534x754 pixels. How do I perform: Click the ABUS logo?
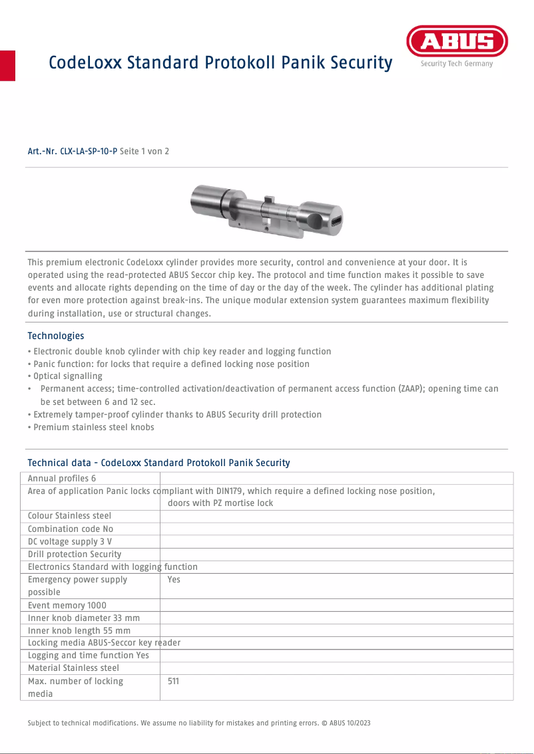[x=457, y=42]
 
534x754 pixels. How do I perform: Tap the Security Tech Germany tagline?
[x=457, y=64]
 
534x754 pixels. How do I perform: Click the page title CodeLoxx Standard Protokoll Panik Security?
[x=220, y=63]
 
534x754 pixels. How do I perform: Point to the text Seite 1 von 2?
[x=144, y=152]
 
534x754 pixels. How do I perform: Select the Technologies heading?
[x=56, y=336]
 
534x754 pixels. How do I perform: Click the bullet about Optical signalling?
[x=65, y=376]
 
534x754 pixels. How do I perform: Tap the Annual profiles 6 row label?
[x=62, y=479]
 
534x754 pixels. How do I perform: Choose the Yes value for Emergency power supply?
[x=174, y=580]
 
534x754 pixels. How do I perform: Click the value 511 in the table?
[x=173, y=682]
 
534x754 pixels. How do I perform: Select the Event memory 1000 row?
[x=67, y=606]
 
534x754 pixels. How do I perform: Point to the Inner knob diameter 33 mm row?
[x=84, y=618]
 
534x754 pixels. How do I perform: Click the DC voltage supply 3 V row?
[x=70, y=542]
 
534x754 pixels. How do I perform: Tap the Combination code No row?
[x=71, y=529]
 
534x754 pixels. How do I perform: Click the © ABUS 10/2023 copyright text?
[x=346, y=723]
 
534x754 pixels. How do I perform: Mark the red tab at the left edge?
[x=7, y=65]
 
